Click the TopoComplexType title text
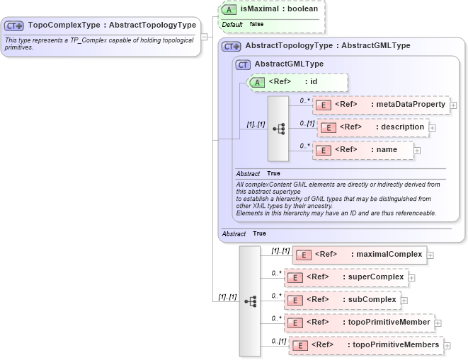(111, 25)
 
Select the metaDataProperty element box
(381, 105)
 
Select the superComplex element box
(346, 277)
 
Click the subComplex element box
(342, 300)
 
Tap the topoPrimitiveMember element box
(359, 323)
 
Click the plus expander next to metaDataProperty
(454, 105)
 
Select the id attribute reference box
(297, 82)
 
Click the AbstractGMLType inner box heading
(288, 64)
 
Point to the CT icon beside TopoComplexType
(14, 25)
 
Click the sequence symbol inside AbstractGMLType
(278, 128)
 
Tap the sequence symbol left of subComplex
(250, 301)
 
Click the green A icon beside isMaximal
(230, 9)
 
